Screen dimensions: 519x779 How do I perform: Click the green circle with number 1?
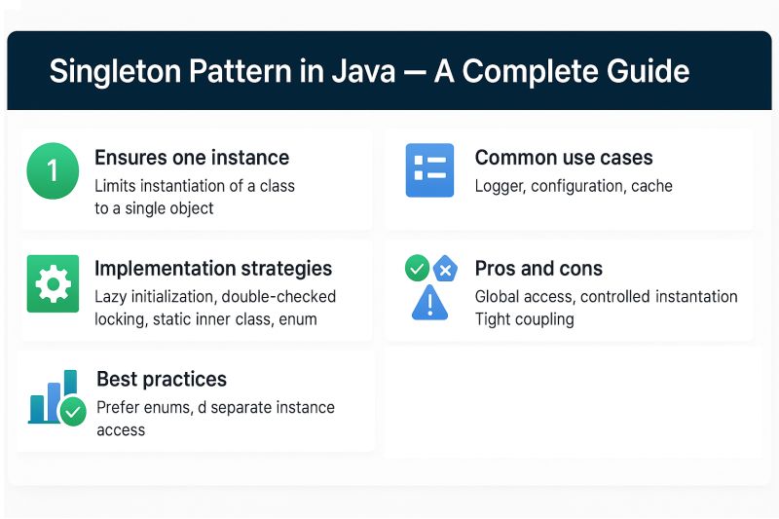[52, 170]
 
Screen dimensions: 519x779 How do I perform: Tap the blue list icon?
[429, 171]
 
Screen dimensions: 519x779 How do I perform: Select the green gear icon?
[52, 283]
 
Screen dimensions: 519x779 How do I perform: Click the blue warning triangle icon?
[428, 303]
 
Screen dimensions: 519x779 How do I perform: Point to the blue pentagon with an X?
[445, 269]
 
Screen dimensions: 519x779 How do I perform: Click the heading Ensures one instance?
[192, 158]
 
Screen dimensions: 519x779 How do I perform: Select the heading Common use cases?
[564, 158]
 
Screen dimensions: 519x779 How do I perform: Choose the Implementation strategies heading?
[213, 269]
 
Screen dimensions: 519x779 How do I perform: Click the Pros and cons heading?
[538, 269]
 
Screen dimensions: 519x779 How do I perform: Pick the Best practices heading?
[162, 380]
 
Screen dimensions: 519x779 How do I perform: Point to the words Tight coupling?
[524, 319]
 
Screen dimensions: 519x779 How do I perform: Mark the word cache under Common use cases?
[650, 185]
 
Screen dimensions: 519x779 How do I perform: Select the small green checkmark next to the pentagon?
[417, 268]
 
